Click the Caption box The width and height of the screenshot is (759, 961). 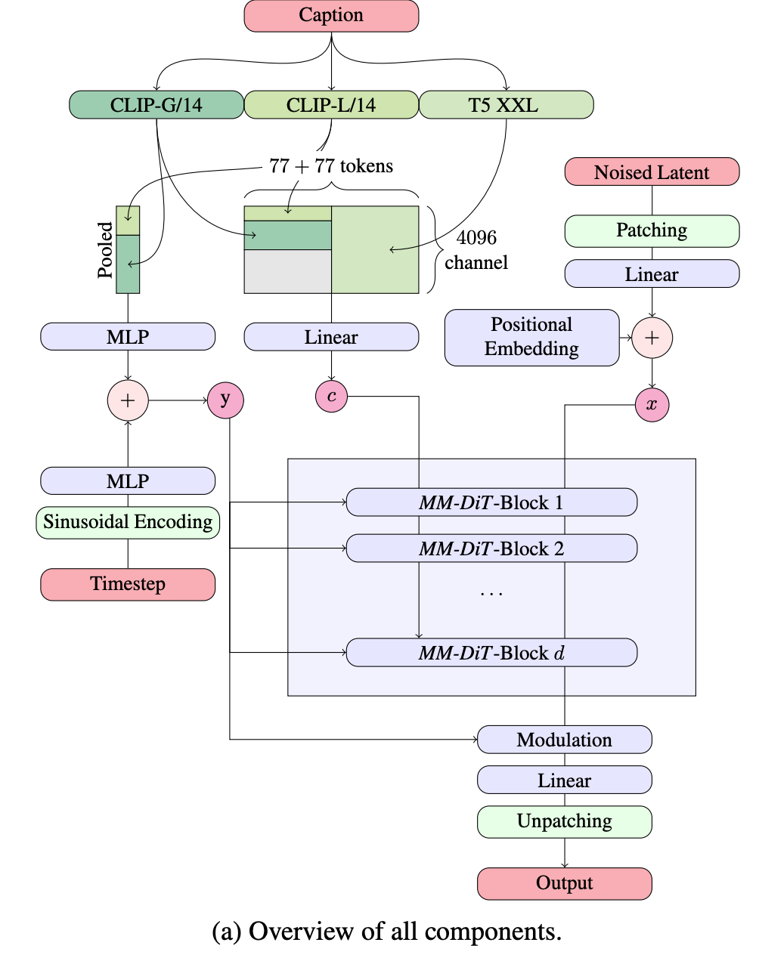(331, 16)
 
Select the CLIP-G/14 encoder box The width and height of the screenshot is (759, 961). (156, 105)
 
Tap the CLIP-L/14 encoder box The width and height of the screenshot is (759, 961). (331, 105)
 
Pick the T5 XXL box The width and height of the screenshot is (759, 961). (506, 105)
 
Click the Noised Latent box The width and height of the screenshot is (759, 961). (652, 172)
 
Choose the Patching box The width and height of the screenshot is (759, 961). (652, 231)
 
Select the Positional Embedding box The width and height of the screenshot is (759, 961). (531, 337)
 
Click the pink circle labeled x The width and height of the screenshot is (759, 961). (652, 405)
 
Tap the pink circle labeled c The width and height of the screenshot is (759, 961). (331, 397)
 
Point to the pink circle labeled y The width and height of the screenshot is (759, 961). (225, 400)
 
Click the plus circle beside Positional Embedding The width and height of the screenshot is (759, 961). (652, 338)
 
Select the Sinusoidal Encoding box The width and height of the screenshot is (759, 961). (128, 522)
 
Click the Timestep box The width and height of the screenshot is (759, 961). (128, 585)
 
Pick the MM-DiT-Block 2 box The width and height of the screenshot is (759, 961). (491, 548)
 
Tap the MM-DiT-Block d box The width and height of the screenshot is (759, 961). (491, 653)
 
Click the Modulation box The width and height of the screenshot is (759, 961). (564, 740)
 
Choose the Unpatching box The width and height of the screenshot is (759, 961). (564, 821)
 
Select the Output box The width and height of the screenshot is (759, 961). (564, 883)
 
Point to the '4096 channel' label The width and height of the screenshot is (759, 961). (476, 250)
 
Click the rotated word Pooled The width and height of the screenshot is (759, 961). (105, 250)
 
